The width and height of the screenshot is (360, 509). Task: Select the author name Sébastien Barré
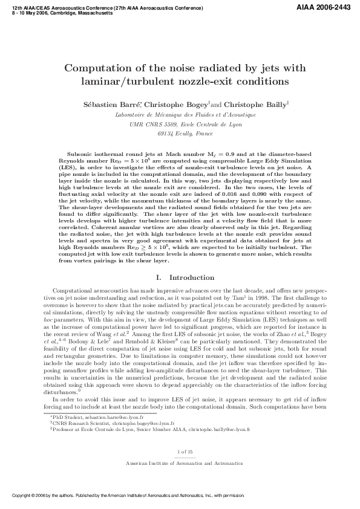pos(108,104)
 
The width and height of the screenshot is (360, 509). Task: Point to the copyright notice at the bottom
pos(127,496)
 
